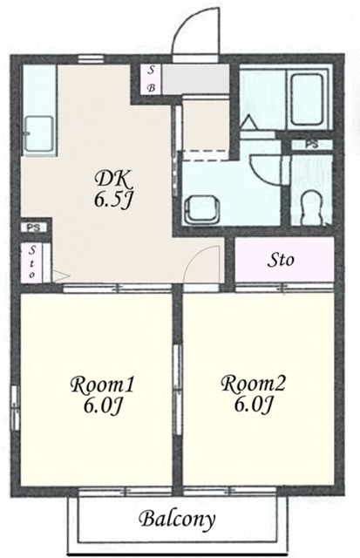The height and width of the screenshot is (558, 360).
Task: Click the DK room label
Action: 114,180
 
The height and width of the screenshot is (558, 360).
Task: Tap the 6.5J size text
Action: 113,200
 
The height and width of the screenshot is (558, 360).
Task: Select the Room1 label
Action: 102,385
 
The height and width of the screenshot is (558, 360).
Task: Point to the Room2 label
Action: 254,384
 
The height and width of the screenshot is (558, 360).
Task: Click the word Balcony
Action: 178,520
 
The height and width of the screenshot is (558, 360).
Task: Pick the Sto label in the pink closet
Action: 281,260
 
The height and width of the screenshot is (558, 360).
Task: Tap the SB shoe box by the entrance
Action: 151,79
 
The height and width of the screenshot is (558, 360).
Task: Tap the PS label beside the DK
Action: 35,228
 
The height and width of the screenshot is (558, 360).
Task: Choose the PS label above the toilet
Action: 311,145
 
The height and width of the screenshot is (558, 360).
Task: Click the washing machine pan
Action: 200,209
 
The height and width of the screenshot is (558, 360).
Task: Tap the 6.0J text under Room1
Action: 103,405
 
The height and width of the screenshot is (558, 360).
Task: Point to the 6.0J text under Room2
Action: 254,404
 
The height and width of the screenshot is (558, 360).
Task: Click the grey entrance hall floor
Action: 195,79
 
